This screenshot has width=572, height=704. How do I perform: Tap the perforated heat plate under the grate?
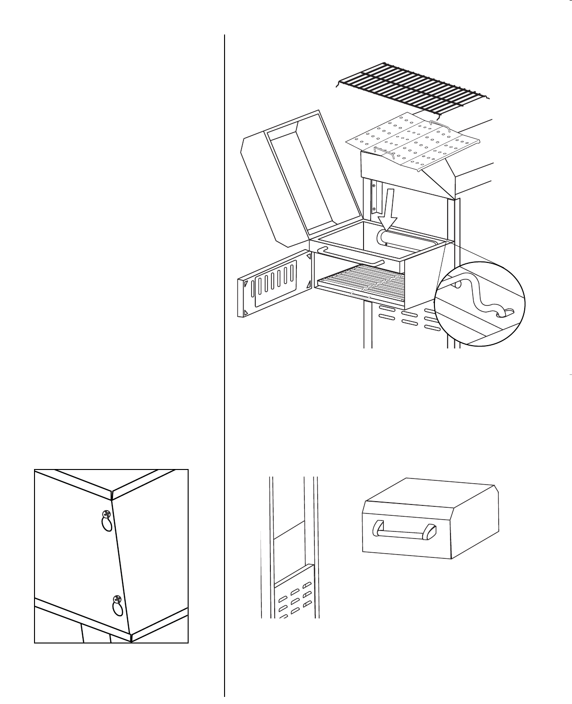(411, 142)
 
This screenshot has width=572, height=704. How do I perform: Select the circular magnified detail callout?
(480, 303)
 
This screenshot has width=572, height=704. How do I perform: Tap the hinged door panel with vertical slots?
(273, 284)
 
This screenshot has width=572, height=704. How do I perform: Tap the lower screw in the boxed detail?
(117, 600)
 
